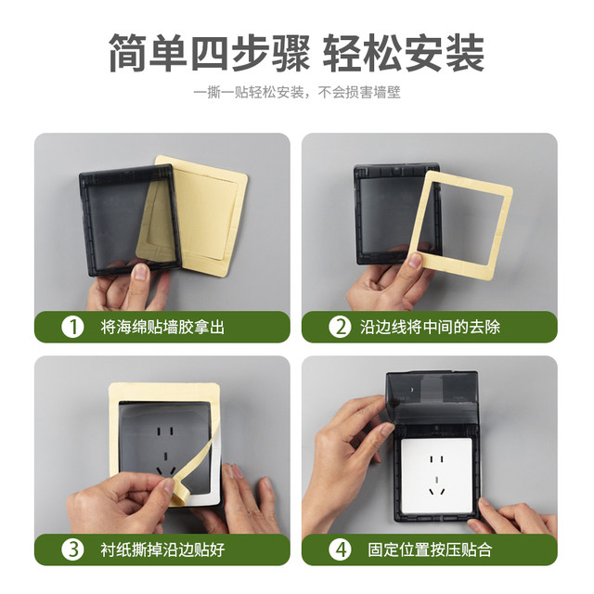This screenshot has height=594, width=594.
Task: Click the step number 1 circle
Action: [71, 327]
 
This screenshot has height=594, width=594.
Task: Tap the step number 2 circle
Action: [341, 327]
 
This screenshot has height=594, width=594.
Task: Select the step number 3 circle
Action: [71, 549]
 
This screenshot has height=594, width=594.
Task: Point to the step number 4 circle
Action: [341, 549]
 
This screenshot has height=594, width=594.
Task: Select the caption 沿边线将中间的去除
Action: [437, 327]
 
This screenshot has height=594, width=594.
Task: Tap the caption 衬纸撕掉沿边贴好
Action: [162, 549]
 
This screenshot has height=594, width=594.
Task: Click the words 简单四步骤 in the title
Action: [207, 53]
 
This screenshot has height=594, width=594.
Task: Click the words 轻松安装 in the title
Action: [404, 53]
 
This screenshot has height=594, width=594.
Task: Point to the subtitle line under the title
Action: [297, 94]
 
